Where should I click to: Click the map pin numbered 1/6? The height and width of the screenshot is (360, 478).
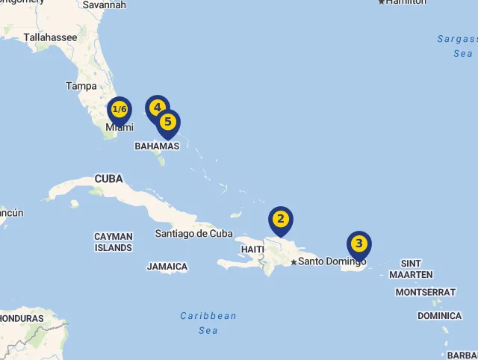click(x=119, y=110)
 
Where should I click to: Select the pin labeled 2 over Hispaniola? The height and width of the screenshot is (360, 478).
click(x=281, y=219)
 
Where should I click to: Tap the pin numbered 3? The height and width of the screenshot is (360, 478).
click(x=359, y=243)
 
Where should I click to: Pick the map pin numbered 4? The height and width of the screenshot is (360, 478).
click(x=157, y=108)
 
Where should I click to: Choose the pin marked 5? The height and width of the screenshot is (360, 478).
click(x=168, y=122)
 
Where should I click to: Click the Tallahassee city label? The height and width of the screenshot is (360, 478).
click(x=50, y=37)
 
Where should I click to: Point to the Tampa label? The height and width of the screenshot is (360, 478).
click(x=81, y=86)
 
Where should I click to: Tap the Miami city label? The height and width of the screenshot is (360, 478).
click(x=119, y=128)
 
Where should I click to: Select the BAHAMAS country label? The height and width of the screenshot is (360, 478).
click(x=157, y=146)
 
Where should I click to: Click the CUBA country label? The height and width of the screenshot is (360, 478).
click(x=108, y=179)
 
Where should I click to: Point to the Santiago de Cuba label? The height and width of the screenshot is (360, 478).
click(x=194, y=233)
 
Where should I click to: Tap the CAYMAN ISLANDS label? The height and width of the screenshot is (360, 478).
click(x=114, y=242)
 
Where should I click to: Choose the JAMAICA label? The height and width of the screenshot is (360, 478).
click(x=167, y=267)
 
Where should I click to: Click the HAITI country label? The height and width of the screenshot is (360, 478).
click(x=252, y=249)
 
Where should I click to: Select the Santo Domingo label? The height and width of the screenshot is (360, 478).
click(x=332, y=261)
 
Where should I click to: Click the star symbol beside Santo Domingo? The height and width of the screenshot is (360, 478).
click(x=294, y=261)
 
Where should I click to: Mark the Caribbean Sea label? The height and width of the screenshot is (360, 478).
click(x=208, y=323)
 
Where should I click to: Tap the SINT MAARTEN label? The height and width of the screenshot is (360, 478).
click(x=411, y=269)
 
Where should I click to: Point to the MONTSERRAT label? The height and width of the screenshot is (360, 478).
click(x=425, y=292)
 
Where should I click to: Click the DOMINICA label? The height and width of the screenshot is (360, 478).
click(x=439, y=316)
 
